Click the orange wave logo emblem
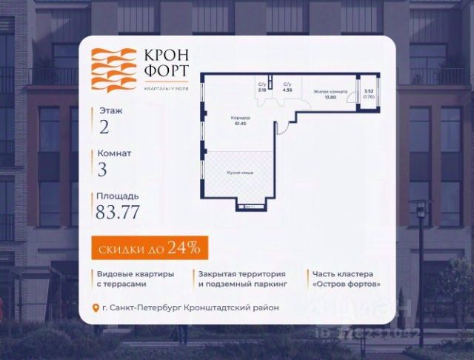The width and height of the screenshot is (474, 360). pyautogui.click(x=110, y=70)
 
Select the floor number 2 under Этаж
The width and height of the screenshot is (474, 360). pyautogui.click(x=103, y=127)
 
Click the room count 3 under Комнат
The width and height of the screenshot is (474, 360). pyautogui.click(x=102, y=169)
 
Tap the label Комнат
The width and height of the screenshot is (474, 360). pyautogui.click(x=114, y=153)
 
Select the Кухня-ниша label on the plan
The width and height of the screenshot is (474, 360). pyautogui.click(x=240, y=173)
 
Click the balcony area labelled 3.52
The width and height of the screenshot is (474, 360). pyautogui.click(x=368, y=93)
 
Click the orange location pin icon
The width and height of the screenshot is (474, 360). pyautogui.click(x=94, y=307)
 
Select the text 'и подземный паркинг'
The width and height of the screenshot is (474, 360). pyautogui.click(x=241, y=283)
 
